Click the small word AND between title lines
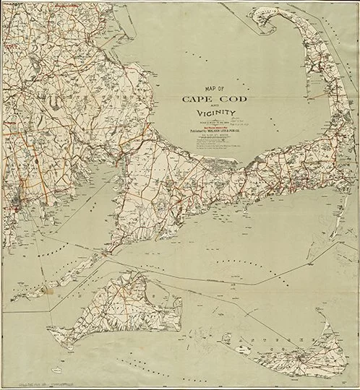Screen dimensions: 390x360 [194, 105]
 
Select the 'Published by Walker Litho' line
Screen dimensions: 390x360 [194, 132]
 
